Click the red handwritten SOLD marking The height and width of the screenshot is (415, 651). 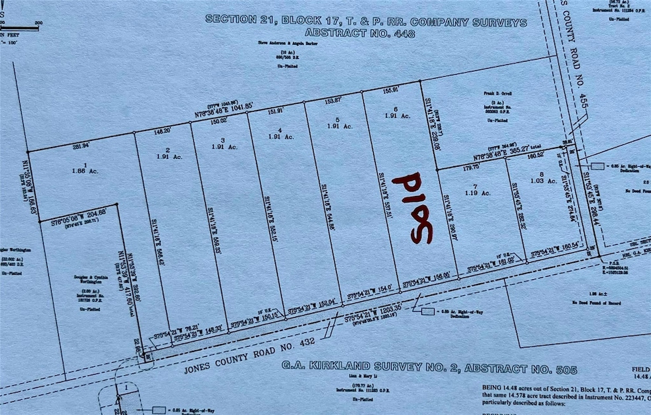tap(413, 208)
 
